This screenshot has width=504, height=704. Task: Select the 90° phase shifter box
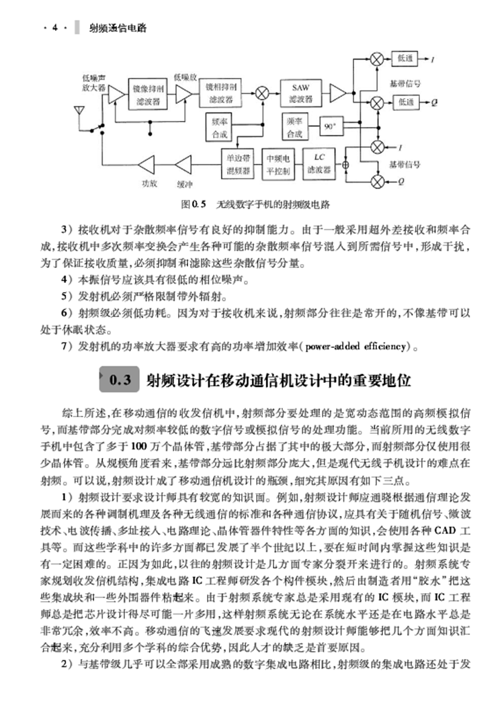(x=329, y=126)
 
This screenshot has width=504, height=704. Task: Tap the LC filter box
(x=319, y=164)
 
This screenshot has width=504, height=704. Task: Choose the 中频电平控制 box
(x=278, y=164)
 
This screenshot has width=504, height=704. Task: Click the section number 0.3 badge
(x=122, y=380)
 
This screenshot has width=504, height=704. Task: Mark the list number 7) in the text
(x=65, y=347)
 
